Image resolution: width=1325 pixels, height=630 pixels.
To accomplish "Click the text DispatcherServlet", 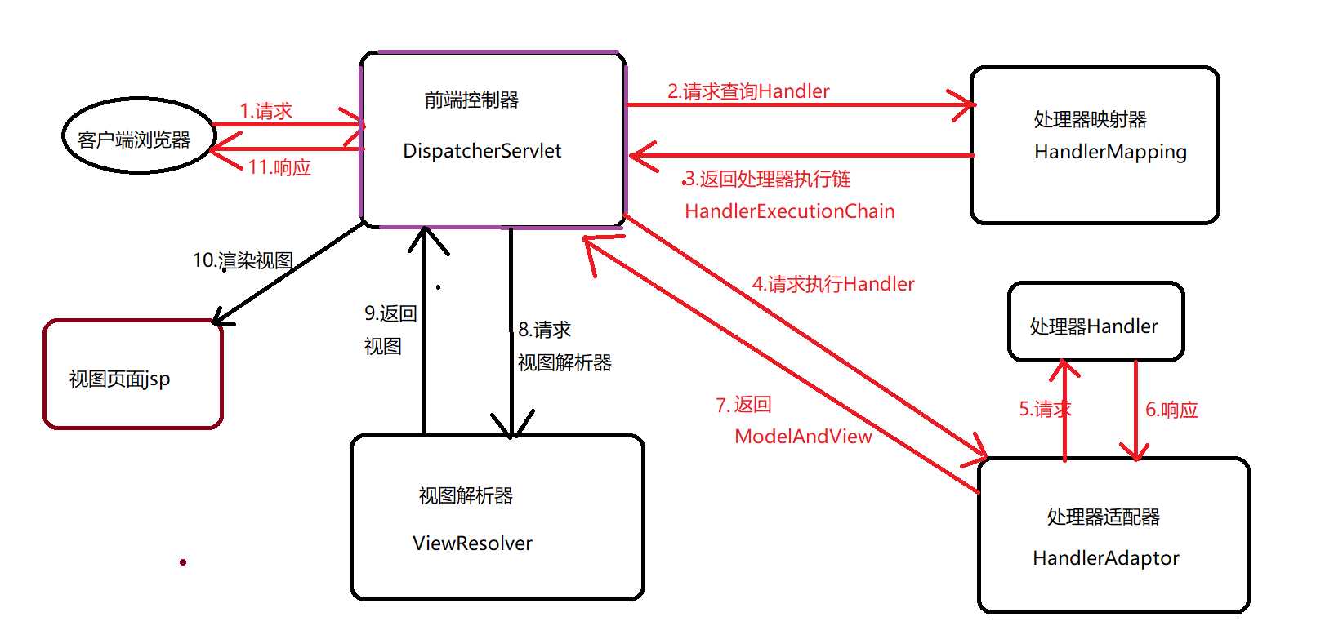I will [x=482, y=151].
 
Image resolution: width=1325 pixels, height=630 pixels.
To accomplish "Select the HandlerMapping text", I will [x=1110, y=152].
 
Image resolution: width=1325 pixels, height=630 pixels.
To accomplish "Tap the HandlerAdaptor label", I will [x=1105, y=558].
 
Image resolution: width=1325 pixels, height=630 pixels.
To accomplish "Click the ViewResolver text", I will [x=472, y=543].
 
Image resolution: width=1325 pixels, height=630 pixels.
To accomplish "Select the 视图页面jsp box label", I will [x=120, y=379].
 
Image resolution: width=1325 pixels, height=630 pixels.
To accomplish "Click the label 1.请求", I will [x=265, y=111].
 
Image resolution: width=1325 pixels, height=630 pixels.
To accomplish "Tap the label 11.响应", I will [x=279, y=167].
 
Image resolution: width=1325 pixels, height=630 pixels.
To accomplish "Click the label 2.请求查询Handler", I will [x=748, y=91].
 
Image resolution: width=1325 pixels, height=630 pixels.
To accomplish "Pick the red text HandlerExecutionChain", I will [x=789, y=211].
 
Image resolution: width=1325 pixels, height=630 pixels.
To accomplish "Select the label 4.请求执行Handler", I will [x=833, y=284].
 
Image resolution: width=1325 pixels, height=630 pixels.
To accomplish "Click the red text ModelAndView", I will [x=803, y=437].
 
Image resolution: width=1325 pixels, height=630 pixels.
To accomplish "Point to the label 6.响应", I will [x=1171, y=410].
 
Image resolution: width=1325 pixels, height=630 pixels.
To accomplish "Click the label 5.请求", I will [x=1044, y=410].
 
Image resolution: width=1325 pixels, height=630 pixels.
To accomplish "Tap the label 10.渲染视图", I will [x=243, y=260].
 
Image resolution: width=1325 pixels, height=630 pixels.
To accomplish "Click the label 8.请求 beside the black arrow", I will [x=544, y=330].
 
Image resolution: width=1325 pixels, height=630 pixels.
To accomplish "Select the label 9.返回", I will [x=390, y=313].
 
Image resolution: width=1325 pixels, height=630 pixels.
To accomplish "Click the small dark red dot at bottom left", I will [x=183, y=562].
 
